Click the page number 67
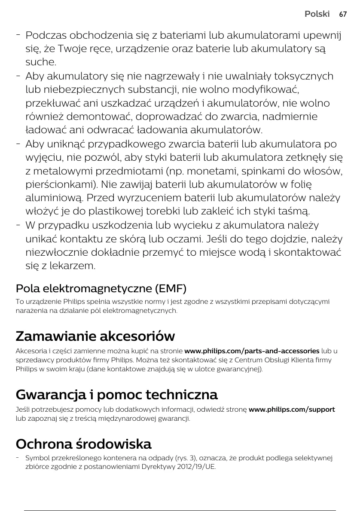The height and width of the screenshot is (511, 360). (x=342, y=14)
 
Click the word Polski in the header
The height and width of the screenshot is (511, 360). (x=317, y=14)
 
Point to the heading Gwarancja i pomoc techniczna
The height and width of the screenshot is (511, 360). (x=116, y=394)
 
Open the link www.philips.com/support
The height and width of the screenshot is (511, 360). (x=292, y=409)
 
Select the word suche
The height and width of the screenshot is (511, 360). (x=41, y=62)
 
